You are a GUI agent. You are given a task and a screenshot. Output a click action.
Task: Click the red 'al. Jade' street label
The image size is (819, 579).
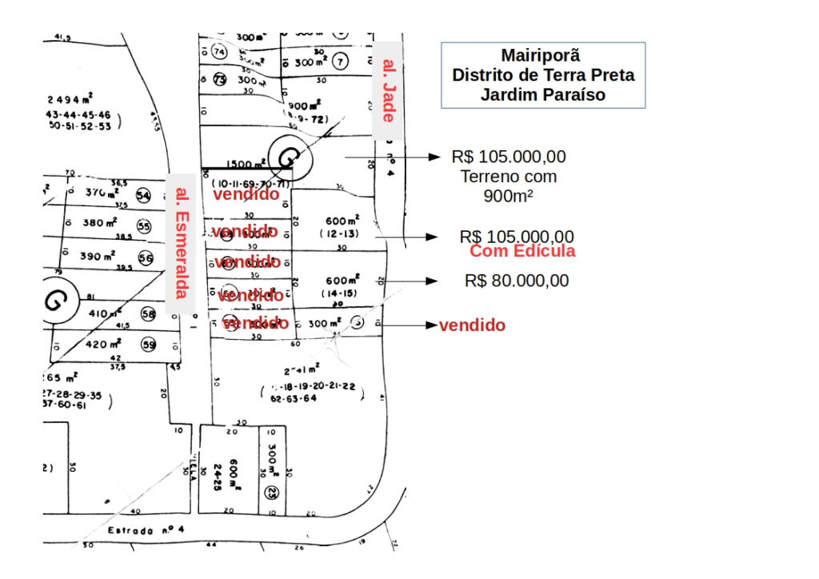(388, 90)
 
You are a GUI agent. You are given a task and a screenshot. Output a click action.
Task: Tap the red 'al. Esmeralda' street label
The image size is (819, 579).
(182, 242)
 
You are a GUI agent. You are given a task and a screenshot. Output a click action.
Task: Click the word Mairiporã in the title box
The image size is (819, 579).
(541, 55)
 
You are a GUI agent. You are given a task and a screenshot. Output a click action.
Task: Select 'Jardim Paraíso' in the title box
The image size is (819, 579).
(543, 94)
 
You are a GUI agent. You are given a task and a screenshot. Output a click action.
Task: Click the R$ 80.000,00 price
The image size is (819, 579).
(517, 281)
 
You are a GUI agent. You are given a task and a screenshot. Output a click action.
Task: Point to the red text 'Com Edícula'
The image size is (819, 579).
(522, 251)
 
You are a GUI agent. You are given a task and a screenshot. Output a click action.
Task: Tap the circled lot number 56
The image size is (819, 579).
(145, 258)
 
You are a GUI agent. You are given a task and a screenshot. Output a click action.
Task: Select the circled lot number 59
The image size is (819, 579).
(148, 345)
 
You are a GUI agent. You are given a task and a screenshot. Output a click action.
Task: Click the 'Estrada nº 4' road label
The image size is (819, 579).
(146, 529)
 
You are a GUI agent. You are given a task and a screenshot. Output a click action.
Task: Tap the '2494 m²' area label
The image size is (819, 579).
(70, 99)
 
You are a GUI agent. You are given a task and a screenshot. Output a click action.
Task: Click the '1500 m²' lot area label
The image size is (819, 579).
(246, 164)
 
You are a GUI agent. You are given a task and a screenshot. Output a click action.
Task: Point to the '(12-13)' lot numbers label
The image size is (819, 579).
(342, 234)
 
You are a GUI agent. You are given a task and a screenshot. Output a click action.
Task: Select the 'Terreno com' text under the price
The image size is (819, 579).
(509, 177)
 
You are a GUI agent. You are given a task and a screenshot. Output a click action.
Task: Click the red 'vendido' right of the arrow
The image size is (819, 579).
(472, 325)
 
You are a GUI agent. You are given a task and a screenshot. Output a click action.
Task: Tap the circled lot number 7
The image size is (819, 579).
(340, 61)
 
